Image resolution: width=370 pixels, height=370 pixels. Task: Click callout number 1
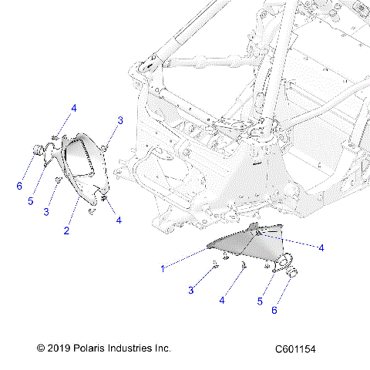click(x=162, y=269)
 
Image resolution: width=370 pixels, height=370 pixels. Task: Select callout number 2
click(x=67, y=230)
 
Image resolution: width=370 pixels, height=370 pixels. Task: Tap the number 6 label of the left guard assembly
click(x=19, y=186)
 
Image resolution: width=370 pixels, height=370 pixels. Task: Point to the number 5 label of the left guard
click(x=32, y=201)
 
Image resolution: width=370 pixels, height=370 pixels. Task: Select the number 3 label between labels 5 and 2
click(x=48, y=211)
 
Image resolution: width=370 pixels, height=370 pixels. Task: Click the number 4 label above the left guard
click(x=74, y=109)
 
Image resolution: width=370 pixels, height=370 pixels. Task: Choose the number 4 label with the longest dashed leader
click(x=321, y=247)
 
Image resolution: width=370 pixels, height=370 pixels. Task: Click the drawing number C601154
click(x=295, y=349)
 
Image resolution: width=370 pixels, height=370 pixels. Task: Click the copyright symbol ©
click(x=42, y=348)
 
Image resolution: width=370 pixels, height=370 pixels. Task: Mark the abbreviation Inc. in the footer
click(x=163, y=348)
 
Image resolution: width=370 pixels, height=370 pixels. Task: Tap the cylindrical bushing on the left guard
click(x=36, y=150)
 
